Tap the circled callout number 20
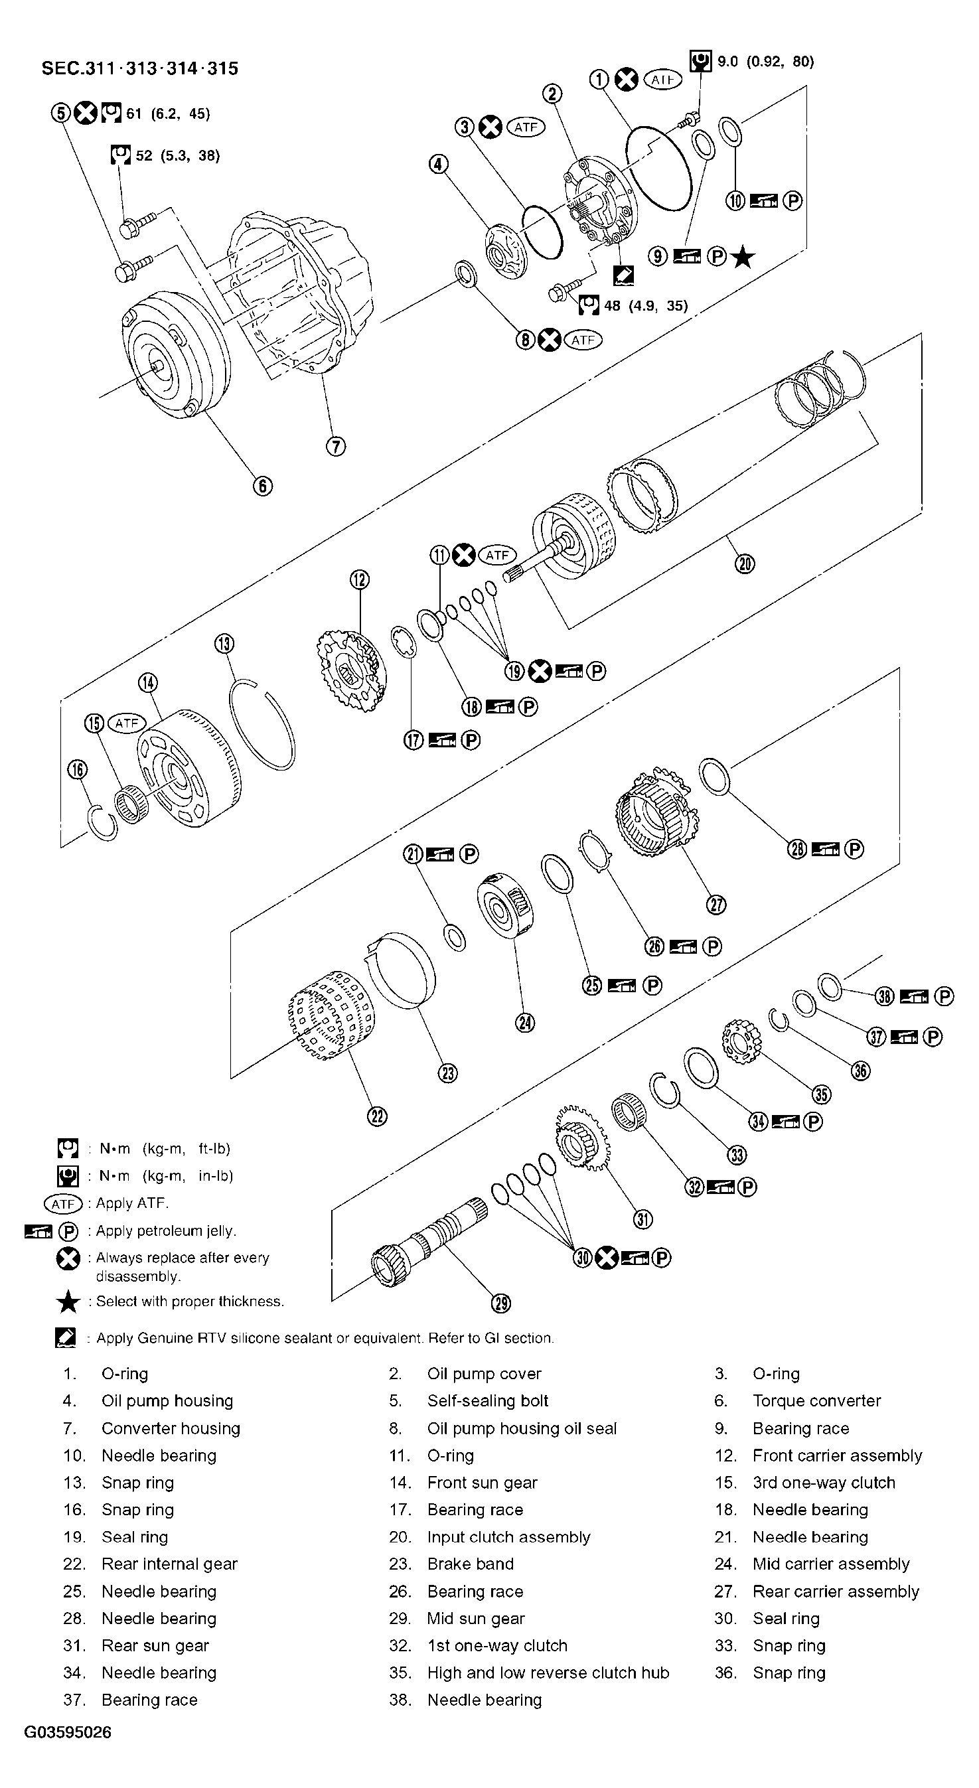coord(744,563)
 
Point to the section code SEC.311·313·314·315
coord(139,68)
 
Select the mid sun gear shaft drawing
coord(427,1242)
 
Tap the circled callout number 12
coord(360,579)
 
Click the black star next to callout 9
coord(742,257)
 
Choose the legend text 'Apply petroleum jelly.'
coord(166,1230)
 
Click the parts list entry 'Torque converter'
coord(816,1400)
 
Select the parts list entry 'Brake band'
coord(470,1564)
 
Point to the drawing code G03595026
coord(67,1732)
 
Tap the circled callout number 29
coord(500,1304)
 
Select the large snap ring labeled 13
coord(261,725)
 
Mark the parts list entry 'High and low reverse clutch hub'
coord(548,1673)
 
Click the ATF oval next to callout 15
coord(127,723)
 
